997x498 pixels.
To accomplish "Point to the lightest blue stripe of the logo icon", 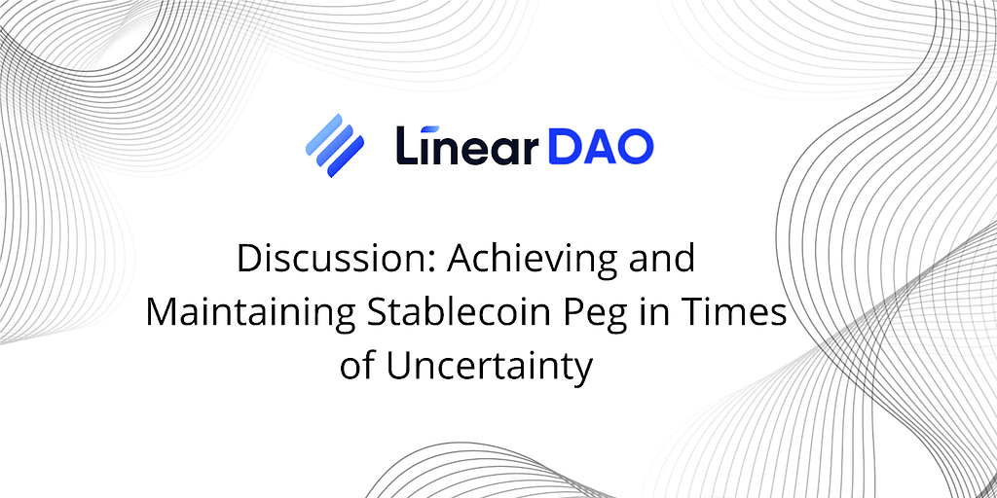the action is click(324, 134).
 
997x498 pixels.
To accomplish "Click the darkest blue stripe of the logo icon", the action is click(346, 157).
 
